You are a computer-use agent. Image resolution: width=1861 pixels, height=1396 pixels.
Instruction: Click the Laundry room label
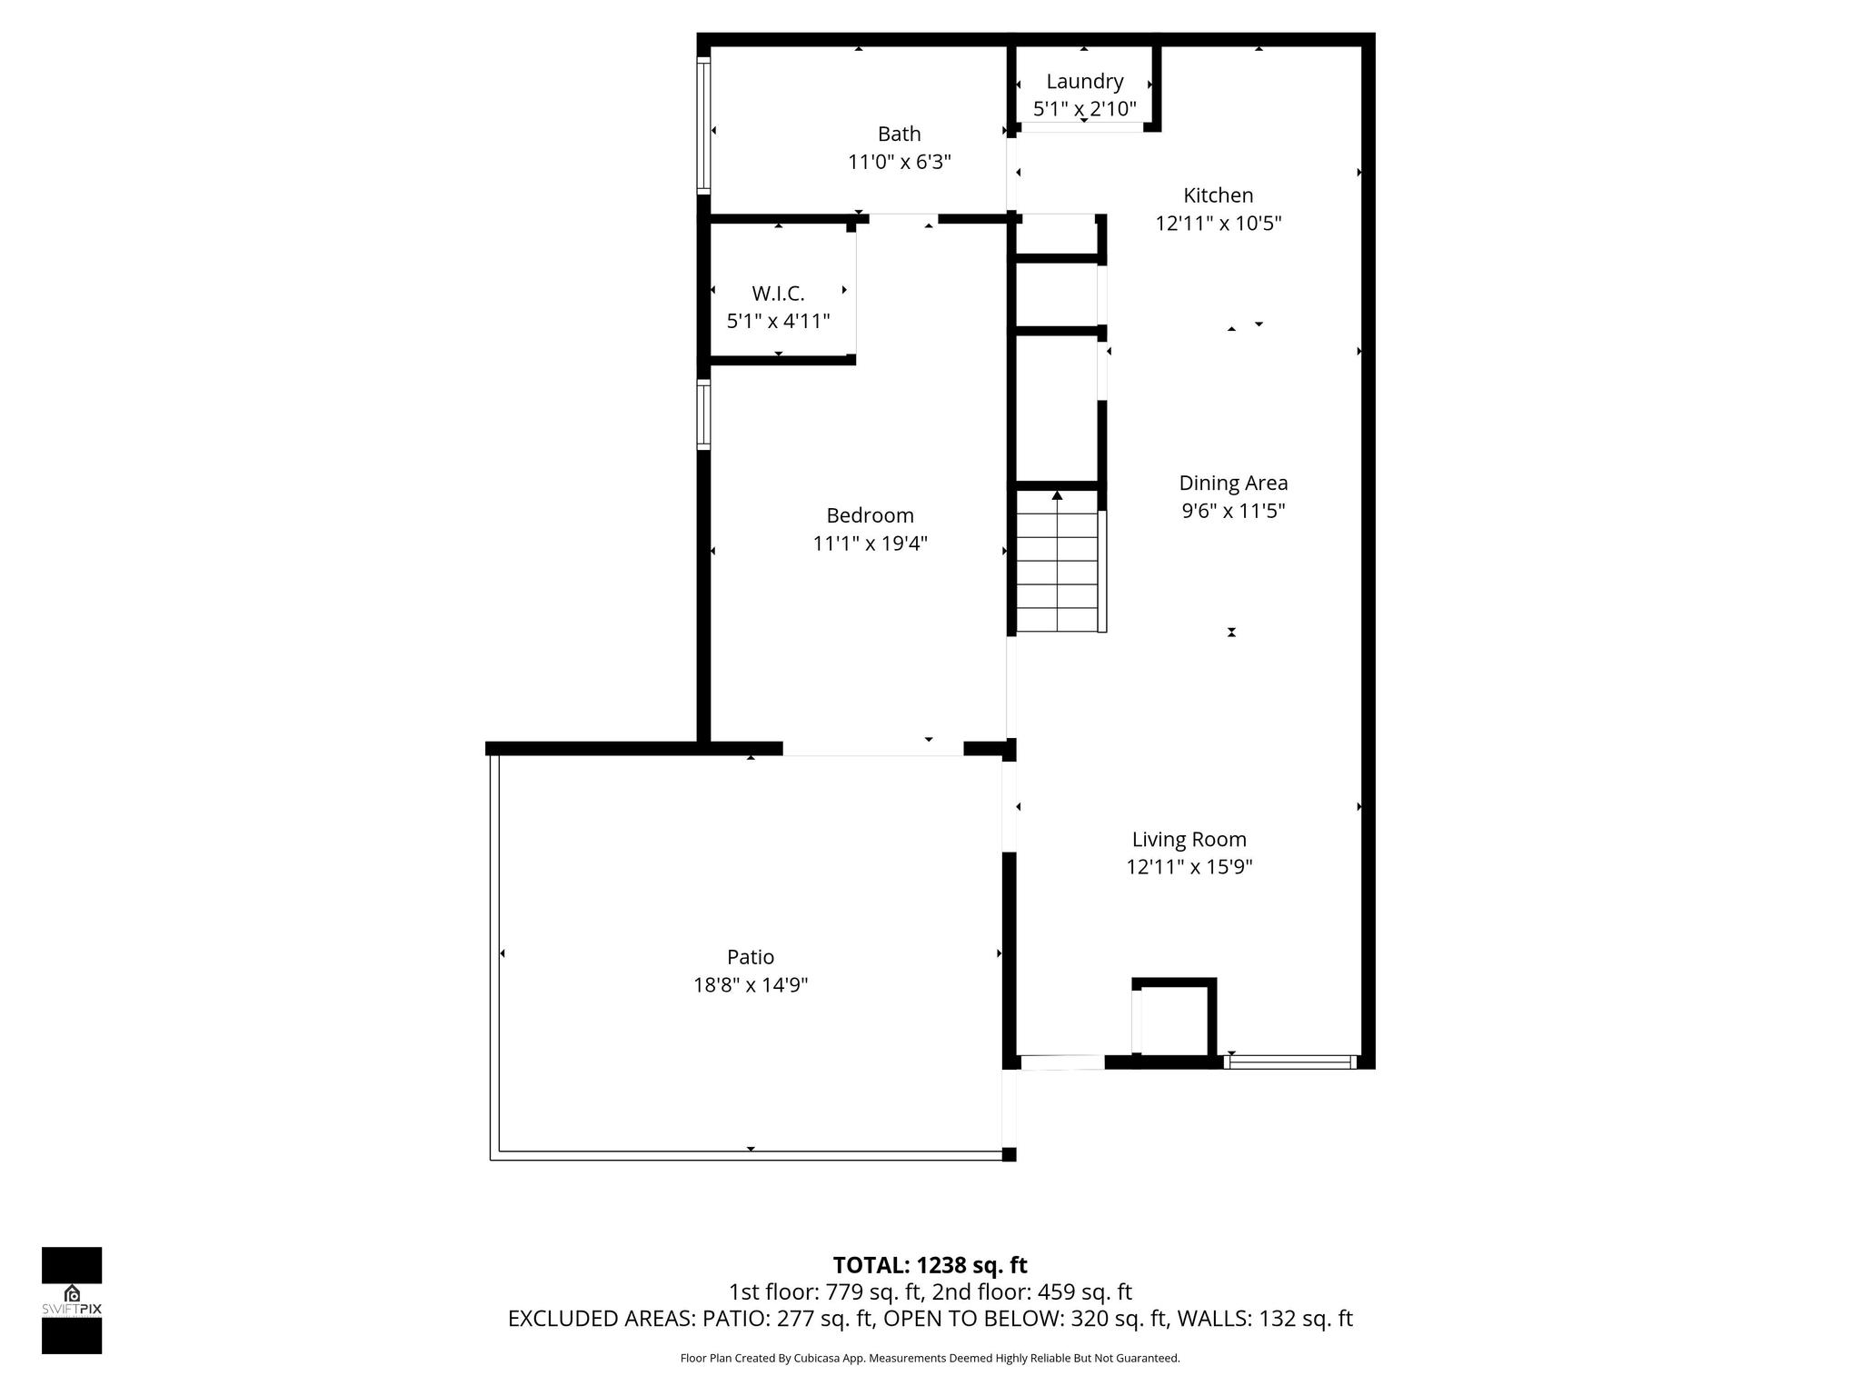[x=1084, y=82]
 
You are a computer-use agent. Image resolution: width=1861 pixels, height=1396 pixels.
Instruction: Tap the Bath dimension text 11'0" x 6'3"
[x=900, y=163]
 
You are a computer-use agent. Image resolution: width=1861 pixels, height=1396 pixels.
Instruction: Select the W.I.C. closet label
[x=778, y=294]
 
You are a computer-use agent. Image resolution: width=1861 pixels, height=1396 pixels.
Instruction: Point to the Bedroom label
[x=870, y=515]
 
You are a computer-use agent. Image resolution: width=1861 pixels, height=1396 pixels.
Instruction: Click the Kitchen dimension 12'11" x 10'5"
[x=1219, y=224]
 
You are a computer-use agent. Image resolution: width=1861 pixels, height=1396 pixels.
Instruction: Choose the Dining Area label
[x=1233, y=484]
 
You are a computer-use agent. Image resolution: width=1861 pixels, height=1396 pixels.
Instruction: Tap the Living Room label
[x=1189, y=840]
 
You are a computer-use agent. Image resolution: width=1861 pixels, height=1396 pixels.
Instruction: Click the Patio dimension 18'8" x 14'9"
[x=751, y=985]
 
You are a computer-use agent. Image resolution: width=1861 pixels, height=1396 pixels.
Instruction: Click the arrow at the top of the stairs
[x=1057, y=495]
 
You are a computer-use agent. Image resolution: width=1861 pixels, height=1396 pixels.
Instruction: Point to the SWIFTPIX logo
[x=72, y=1301]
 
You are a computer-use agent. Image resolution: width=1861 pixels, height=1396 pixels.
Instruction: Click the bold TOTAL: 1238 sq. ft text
[x=930, y=1265]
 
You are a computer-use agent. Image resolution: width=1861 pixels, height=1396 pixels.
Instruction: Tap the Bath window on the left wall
[x=703, y=125]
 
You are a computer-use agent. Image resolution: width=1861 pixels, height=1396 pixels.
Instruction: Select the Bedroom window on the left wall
[x=703, y=414]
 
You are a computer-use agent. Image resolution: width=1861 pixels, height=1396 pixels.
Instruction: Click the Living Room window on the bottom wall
[x=1290, y=1062]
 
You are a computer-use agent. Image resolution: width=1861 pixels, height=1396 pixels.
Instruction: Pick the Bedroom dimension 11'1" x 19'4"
[x=870, y=544]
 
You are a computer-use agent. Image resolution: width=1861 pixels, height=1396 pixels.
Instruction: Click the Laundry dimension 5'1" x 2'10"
[x=1084, y=110]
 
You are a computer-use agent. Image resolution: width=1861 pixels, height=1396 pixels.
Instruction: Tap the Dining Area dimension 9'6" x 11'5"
[x=1233, y=512]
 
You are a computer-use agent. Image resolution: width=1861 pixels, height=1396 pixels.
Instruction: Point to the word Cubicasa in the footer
[x=815, y=1359]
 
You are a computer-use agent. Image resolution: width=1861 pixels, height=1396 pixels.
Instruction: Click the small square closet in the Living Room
[x=1174, y=1019]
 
